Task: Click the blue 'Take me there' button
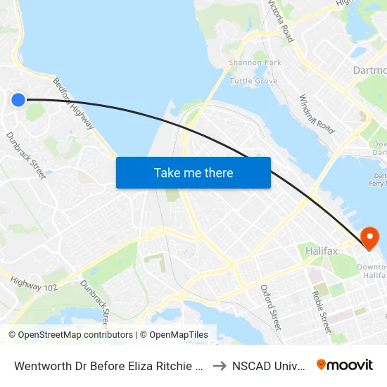tap(193, 172)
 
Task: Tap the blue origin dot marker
tap(18, 100)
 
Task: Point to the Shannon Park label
tap(255, 63)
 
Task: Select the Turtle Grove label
tap(253, 81)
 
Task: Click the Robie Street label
tap(322, 312)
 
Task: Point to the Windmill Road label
tap(317, 114)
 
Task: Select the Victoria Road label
tap(281, 19)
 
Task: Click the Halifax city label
tap(323, 250)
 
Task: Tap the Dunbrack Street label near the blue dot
tap(26, 155)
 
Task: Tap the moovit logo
tap(345, 364)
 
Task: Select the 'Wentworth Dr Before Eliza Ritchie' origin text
tap(108, 365)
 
